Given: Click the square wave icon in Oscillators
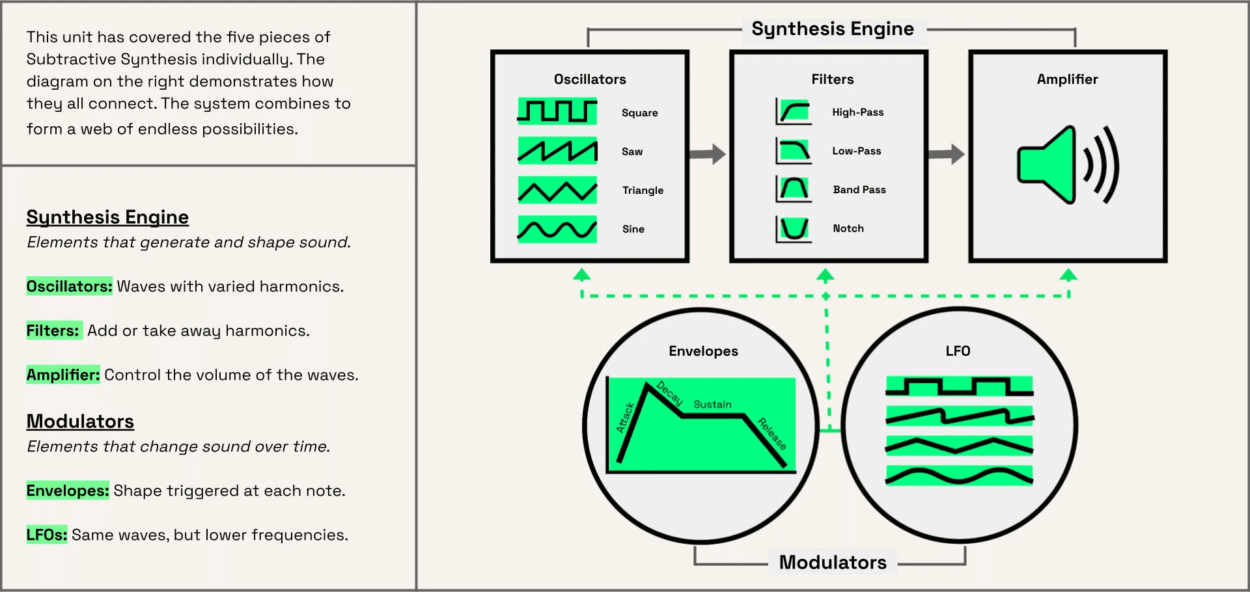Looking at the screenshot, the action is coord(557,111).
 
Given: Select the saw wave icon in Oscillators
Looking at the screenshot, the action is coord(557,150).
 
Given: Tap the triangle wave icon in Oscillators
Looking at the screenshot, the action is coord(557,190).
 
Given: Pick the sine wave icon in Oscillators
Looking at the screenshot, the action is coord(557,229).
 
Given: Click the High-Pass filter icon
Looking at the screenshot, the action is coord(794,111).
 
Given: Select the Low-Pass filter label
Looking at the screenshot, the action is coord(857,151).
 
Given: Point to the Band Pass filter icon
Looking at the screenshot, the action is coord(794,189).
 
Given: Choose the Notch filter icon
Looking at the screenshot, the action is coord(794,229).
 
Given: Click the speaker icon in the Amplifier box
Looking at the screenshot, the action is coord(1068,165).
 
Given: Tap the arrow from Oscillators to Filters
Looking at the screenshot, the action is coord(708,154).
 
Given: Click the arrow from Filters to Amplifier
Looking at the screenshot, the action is coord(947,154).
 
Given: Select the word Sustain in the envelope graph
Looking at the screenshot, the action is coord(712,405).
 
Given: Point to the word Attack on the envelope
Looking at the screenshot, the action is coord(625,418).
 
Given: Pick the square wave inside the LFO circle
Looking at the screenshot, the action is coord(960,386).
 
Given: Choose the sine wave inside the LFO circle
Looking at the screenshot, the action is coord(960,476).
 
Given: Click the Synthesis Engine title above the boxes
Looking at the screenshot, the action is coord(833,29).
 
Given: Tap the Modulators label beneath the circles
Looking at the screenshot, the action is coord(833,562).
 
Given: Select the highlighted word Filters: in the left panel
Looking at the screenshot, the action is coord(53,330).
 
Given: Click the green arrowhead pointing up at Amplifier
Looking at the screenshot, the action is coord(1068,275).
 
